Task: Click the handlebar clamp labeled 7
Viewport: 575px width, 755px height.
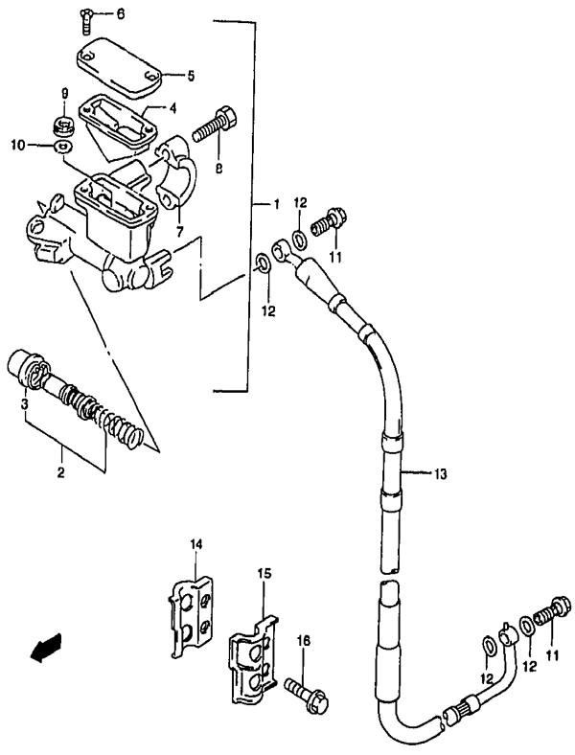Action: point(176,174)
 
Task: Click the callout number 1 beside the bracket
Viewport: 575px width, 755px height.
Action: point(275,206)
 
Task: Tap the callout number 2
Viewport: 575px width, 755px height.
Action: point(61,472)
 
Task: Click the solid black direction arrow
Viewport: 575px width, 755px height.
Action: point(46,645)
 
